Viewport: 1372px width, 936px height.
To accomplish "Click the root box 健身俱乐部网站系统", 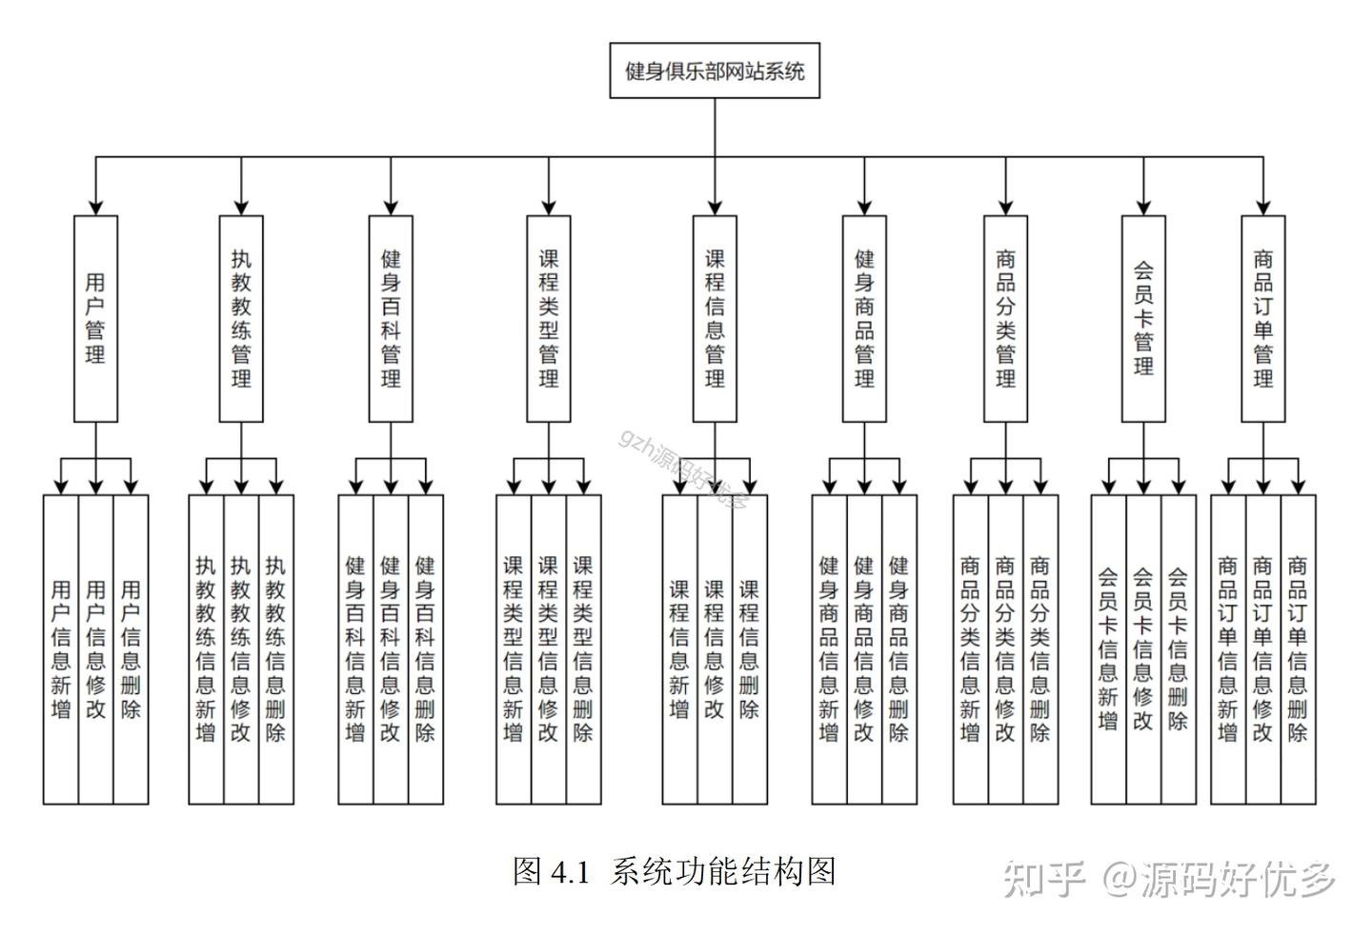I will click(715, 70).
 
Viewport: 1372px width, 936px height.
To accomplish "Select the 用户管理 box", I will click(95, 318).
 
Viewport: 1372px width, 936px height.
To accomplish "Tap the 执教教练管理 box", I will click(241, 318).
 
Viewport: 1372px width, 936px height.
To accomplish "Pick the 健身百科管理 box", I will click(391, 318).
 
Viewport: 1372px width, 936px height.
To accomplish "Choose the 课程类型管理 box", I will click(549, 318).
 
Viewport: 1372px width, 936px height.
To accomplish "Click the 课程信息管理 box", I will click(715, 318).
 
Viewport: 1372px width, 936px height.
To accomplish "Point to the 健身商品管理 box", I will click(864, 318).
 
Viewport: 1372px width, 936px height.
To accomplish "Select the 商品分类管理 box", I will click(1005, 318).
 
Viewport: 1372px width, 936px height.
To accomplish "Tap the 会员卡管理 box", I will click(1143, 318).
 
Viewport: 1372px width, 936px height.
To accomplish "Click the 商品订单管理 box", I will click(1263, 318).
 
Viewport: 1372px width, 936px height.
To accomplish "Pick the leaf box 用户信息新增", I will click(61, 649).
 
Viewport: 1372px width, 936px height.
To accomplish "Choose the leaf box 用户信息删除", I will click(131, 649).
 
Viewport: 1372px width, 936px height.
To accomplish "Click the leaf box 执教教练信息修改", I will click(241, 649).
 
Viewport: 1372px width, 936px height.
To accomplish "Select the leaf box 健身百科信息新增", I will click(355, 649).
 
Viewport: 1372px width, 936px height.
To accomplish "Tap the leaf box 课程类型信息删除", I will click(583, 649).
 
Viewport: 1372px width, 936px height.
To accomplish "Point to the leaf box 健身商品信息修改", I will click(864, 649).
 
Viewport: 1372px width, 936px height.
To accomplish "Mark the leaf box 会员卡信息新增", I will click(1108, 649).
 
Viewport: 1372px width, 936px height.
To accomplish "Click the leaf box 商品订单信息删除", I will click(1298, 649).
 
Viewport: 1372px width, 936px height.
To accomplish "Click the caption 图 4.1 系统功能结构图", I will click(674, 871).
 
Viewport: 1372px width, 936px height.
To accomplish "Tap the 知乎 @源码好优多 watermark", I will click(1170, 878).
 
